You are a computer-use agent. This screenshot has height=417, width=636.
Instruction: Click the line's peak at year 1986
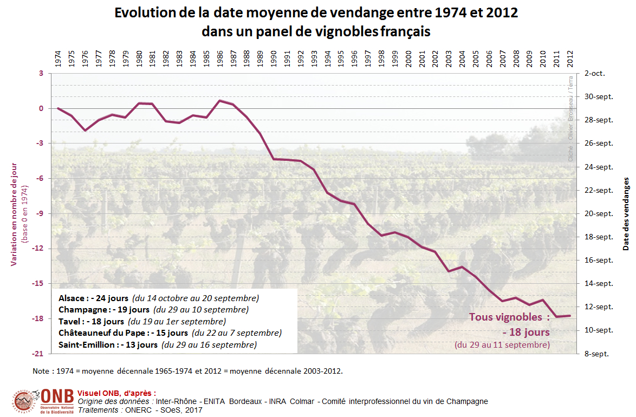220,101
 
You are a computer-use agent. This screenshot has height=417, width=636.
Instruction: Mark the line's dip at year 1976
85,131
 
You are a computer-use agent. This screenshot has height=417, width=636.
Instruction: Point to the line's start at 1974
58,108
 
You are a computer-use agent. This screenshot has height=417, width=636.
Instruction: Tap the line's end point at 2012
570,316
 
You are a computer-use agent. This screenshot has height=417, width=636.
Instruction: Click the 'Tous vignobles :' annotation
509,317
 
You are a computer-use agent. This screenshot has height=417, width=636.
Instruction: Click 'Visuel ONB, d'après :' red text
116,393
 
